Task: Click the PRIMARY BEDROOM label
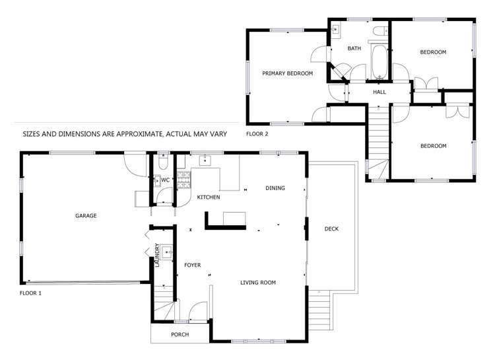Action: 287,73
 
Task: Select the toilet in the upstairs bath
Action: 379,31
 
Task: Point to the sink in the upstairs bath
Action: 336,30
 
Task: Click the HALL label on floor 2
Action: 379,92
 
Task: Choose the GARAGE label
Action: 86,215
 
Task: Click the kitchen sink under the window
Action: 205,160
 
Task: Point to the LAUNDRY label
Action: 157,255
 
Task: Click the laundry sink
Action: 168,252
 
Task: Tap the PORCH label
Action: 180,334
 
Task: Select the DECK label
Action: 331,229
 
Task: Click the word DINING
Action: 275,188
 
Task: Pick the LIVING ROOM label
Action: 257,283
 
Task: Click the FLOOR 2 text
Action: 257,133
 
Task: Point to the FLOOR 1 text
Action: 31,293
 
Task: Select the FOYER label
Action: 192,265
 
